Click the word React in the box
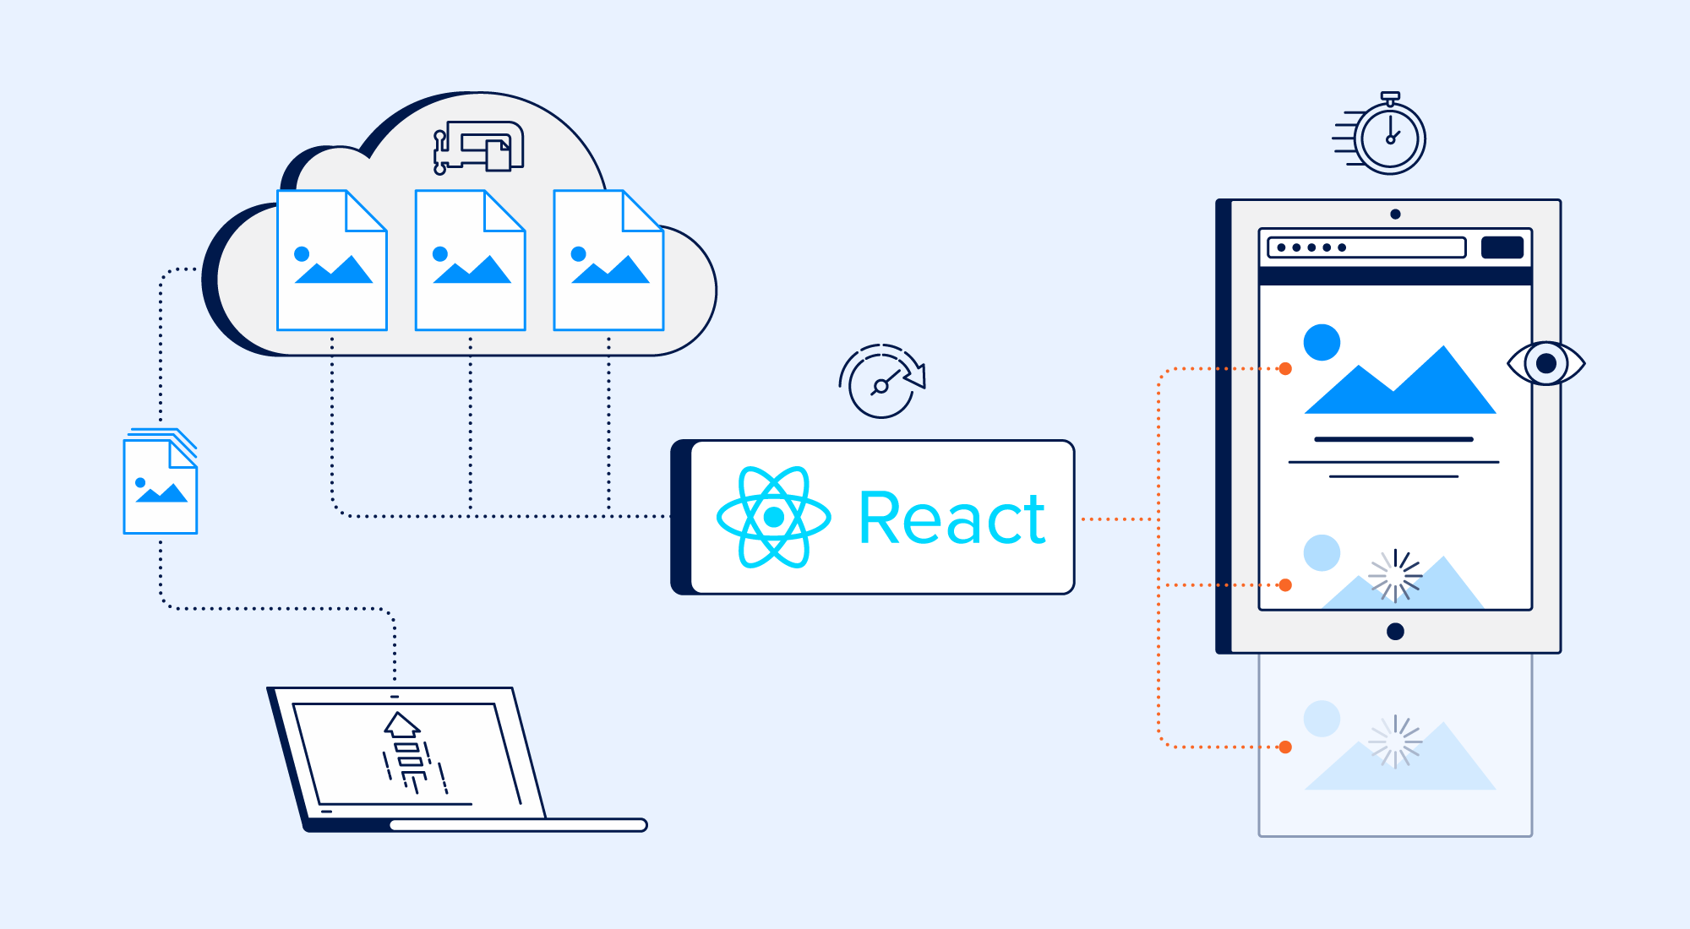click(952, 519)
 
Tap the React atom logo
click(773, 517)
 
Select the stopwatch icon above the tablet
click(1388, 136)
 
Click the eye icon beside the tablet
click(1546, 363)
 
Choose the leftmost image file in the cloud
click(332, 261)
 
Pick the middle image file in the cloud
click(471, 261)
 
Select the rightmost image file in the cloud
click(608, 261)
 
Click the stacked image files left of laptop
click(161, 483)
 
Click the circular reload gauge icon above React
click(882, 383)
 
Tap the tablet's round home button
click(1395, 631)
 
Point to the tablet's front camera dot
click(1395, 215)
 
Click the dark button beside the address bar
click(1502, 247)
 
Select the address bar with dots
click(1366, 247)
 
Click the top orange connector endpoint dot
click(1285, 369)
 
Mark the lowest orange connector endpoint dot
click(1285, 747)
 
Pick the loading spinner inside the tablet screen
click(1395, 576)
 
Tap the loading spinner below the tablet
click(1395, 742)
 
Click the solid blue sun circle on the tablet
click(1322, 342)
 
